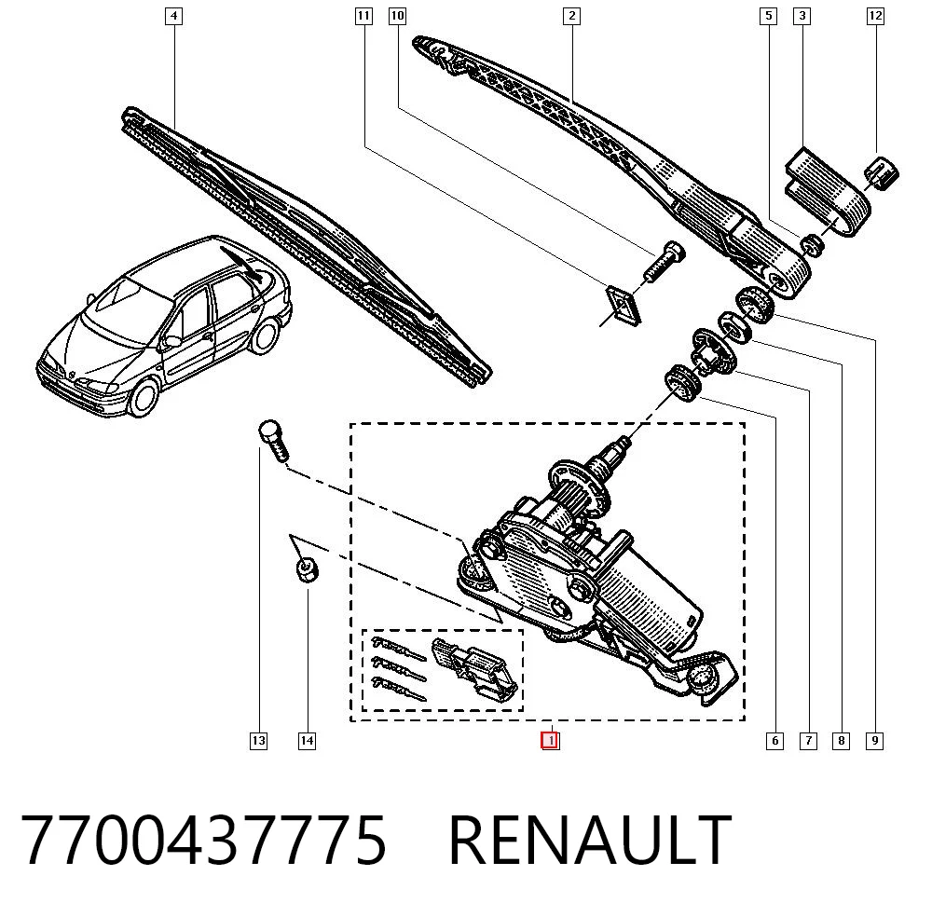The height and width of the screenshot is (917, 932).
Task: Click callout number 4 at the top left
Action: (173, 16)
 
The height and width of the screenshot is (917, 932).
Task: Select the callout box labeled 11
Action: (363, 16)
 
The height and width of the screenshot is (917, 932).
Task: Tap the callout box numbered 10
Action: (397, 16)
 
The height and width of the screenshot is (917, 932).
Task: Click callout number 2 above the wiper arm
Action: (572, 16)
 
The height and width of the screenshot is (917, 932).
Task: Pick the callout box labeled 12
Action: (875, 16)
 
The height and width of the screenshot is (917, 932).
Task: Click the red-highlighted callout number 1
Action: (551, 741)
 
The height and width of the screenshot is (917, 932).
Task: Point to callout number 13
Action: (258, 741)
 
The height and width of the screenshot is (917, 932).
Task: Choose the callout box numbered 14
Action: (307, 741)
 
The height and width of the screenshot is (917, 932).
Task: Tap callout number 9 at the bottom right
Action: (874, 741)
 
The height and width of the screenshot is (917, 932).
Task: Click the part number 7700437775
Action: (204, 841)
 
